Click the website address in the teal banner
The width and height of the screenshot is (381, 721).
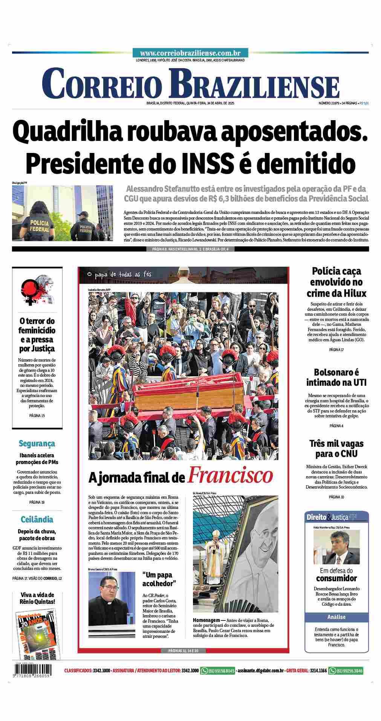point(190,53)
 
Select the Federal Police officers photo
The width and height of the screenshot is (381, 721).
point(62,213)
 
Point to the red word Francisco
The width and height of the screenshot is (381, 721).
point(230,475)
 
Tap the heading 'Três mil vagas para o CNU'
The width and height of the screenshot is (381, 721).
point(336,448)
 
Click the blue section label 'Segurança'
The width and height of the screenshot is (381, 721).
point(37,443)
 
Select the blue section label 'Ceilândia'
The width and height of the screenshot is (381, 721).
point(37,519)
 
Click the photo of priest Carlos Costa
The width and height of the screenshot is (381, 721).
point(112,605)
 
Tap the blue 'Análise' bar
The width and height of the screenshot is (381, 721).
point(336,617)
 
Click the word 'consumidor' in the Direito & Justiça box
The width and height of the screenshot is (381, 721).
point(336,578)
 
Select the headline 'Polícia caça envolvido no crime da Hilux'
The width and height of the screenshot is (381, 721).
point(336,282)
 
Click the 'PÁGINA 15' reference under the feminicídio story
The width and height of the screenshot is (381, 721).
point(37,415)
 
